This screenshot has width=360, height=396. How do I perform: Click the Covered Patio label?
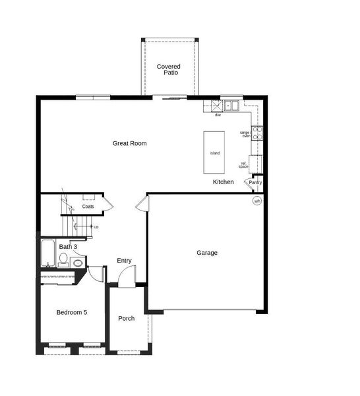pos(168,69)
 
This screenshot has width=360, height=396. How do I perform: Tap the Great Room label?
pos(129,143)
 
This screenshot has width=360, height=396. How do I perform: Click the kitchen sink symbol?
pos(231,105)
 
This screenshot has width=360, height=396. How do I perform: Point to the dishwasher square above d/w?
pos(217,106)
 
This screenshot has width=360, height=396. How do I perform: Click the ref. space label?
pos(244,164)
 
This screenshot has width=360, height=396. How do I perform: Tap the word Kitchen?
pos(223,181)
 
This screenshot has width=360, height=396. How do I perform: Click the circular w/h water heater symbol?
pos(257,201)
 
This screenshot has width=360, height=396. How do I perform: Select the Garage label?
pos(206,253)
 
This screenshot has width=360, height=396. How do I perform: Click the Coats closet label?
pos(88,207)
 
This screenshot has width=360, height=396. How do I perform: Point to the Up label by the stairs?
pos(96,227)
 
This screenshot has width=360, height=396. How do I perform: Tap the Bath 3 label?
pos(68,247)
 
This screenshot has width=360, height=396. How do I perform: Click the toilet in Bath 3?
pos(63,260)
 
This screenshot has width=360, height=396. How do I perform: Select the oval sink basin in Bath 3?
pos(77,263)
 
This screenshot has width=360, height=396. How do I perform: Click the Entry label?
pos(124,261)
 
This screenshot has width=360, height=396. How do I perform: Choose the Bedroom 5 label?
pos(71,312)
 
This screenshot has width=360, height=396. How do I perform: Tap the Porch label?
pos(126,319)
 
